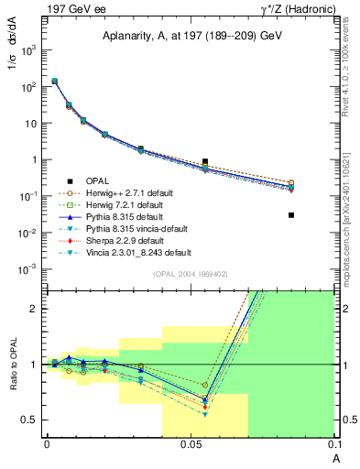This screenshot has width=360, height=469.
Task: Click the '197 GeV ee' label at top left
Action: (45, 8)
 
